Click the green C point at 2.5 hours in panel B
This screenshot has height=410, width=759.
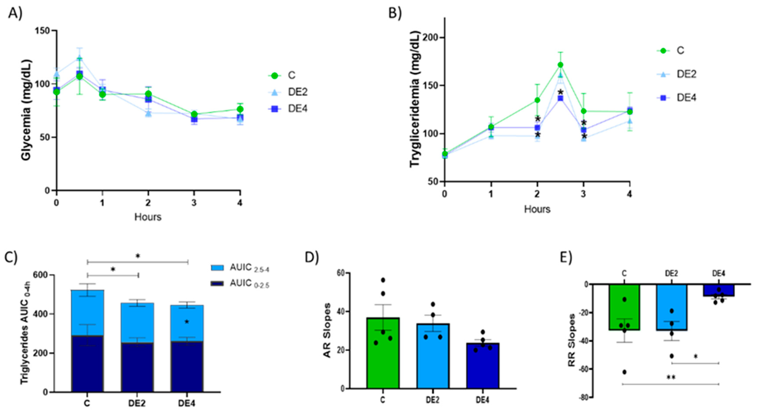(x=560, y=65)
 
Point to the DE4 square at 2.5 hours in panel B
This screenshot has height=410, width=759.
(x=560, y=98)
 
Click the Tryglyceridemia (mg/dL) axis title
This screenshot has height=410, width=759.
(x=415, y=99)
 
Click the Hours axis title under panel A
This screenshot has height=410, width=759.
(x=148, y=217)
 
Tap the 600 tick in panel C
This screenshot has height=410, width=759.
(x=40, y=275)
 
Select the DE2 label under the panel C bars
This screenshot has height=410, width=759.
(x=137, y=403)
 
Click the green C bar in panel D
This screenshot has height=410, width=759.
(x=383, y=354)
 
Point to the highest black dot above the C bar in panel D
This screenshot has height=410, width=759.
(x=383, y=280)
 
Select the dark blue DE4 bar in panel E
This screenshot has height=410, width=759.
(x=719, y=290)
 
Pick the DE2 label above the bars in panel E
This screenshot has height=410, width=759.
(x=672, y=273)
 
